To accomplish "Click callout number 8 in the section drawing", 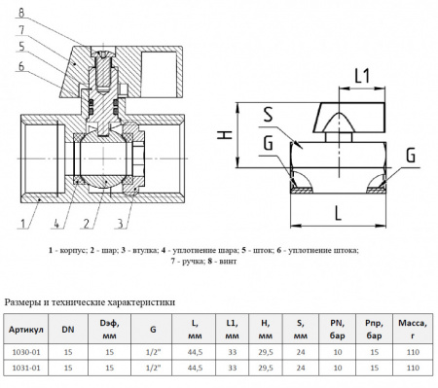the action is point(21,13).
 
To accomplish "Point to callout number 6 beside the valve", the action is point(21,66).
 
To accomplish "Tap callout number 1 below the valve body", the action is point(22,223).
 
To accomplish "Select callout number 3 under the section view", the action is point(120,223).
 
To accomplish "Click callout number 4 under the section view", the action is point(56,223).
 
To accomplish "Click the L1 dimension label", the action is point(362,76).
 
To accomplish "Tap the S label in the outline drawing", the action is point(268,114).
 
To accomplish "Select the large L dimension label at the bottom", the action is point(338,213).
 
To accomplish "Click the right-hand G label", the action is point(411,155).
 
